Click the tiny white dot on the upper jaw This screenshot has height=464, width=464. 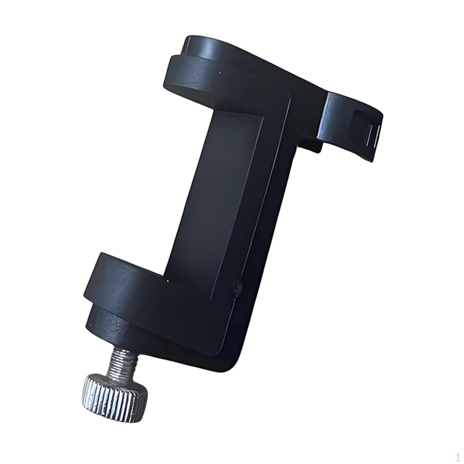pos(220,73)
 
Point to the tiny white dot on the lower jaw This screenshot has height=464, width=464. pos(167,281)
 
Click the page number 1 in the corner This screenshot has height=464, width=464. pos(457,458)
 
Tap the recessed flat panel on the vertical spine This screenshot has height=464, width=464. pos(220,188)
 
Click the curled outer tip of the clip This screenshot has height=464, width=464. pos(374,157)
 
